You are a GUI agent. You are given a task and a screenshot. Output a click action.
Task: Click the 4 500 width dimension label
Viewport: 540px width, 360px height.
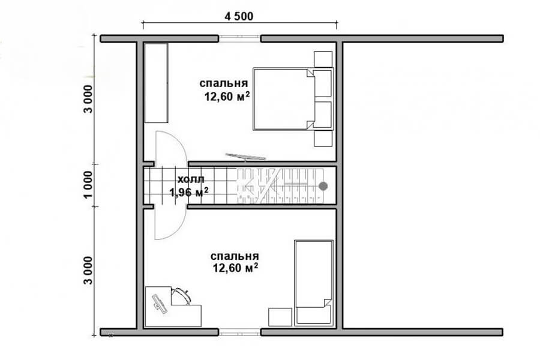pos(239,16)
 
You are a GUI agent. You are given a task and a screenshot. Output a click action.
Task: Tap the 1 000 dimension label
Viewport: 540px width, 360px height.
pos(88,185)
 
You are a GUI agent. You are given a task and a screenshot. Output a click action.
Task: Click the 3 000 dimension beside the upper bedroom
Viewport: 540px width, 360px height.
pos(88,99)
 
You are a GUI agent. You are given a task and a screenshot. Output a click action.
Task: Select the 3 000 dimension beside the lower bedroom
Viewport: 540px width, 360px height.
pos(88,271)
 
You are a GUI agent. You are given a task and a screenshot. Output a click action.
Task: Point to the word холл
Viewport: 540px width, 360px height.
pos(191,179)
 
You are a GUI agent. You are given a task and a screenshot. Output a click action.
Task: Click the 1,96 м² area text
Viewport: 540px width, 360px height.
pos(189,192)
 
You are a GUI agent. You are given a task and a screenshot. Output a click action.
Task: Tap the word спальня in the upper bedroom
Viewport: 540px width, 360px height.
pos(224,83)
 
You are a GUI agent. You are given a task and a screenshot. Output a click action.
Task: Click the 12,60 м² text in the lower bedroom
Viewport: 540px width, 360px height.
pos(236,268)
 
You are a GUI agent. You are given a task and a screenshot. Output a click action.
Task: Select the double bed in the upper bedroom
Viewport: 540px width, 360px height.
pos(293,99)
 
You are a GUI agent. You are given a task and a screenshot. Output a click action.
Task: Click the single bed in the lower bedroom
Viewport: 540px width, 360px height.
pos(313,283)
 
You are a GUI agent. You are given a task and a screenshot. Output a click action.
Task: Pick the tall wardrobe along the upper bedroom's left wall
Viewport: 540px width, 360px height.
pos(156,83)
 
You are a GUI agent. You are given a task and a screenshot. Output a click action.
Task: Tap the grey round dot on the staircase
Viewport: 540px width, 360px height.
pos(323,186)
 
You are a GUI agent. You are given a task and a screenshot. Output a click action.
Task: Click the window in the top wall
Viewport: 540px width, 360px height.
pos(239,38)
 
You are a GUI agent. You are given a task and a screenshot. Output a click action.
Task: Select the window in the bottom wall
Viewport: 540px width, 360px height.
pos(239,332)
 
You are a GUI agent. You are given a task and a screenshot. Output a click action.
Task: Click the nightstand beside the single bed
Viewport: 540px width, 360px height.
pos(280,317)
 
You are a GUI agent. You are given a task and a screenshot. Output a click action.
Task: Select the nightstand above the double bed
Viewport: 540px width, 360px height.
pos(323,59)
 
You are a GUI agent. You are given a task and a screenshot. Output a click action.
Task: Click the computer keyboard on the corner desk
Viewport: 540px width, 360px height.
pos(160,304)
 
